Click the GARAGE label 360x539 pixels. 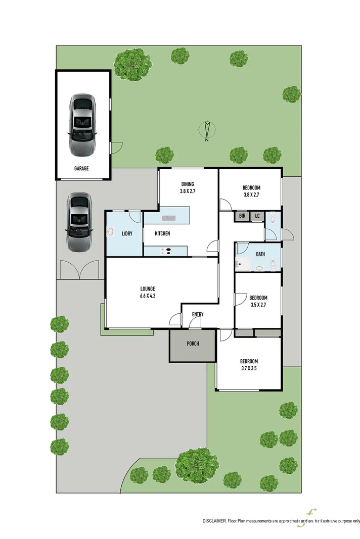click(81, 169)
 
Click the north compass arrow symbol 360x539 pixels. click(207, 131)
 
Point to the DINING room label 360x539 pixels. click(188, 184)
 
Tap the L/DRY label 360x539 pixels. click(127, 233)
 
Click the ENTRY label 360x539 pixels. click(198, 315)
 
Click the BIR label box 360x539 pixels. click(242, 216)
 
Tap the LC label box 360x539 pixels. click(257, 216)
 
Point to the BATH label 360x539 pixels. click(260, 254)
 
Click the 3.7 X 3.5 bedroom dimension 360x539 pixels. click(249, 369)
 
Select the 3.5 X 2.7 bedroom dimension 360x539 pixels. click(259, 305)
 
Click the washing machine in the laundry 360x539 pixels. click(110, 233)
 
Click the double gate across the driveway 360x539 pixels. click(79, 270)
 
